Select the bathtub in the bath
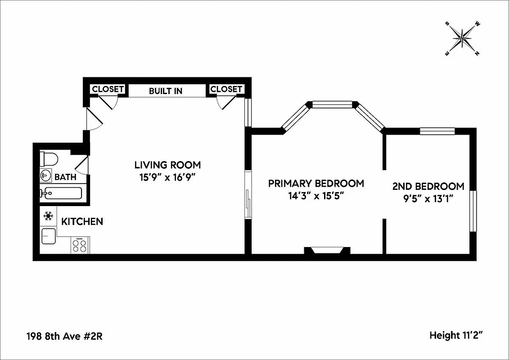61,193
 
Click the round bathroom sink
45,175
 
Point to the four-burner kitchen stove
80,245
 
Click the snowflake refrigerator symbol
48,216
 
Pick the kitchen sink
48,236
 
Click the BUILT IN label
166,91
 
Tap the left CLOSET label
108,89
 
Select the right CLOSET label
226,89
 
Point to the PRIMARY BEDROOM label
316,184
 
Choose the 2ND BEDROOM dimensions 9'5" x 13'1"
428,198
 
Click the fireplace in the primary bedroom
327,251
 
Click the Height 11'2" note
457,335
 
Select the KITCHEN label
82,221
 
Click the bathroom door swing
82,165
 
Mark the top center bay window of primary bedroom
333,105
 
